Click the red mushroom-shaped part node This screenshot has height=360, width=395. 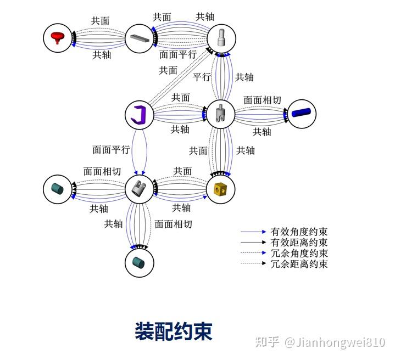(x=58, y=38)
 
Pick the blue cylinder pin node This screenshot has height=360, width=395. (x=302, y=114)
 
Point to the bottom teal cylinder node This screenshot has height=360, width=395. (x=140, y=262)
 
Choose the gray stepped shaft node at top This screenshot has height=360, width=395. (x=221, y=38)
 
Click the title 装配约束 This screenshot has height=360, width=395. (x=174, y=331)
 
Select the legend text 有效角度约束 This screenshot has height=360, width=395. (x=299, y=232)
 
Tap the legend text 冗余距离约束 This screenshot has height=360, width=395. (x=299, y=264)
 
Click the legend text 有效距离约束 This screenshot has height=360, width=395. (x=299, y=243)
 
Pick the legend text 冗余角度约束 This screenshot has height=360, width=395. (x=299, y=253)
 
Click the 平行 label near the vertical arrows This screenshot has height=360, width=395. (x=202, y=77)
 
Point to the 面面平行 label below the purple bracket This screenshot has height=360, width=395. (x=111, y=149)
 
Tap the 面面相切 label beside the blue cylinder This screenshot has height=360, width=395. (x=262, y=100)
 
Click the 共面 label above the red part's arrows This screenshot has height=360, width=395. (x=101, y=21)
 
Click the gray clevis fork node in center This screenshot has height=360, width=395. (x=221, y=114)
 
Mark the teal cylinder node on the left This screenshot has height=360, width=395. (x=58, y=189)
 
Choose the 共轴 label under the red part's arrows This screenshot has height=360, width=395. (x=102, y=55)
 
